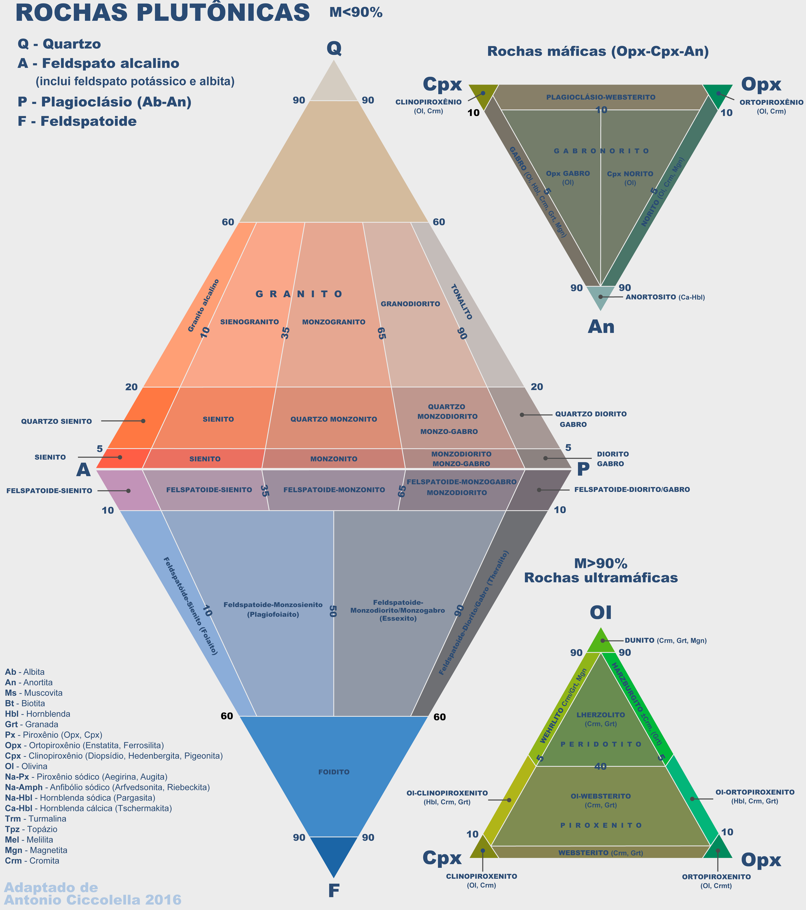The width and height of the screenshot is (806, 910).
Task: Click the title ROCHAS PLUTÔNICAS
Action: (162, 13)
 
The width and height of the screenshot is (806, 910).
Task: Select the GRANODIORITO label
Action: (410, 304)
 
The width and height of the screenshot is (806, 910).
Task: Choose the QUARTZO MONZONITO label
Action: (334, 419)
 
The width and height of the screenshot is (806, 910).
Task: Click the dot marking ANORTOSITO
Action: (600, 297)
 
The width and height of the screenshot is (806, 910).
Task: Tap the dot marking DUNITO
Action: (603, 641)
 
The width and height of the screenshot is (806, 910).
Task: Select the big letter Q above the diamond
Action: (334, 48)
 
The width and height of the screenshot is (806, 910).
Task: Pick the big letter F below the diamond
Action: (334, 890)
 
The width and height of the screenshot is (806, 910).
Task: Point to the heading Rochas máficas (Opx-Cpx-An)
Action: (598, 52)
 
